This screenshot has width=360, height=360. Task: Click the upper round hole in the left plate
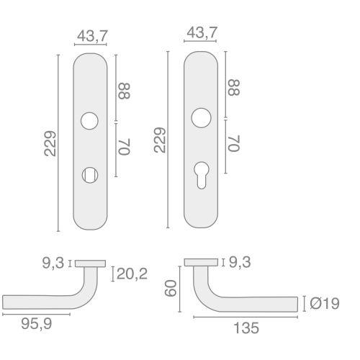tap(89, 121)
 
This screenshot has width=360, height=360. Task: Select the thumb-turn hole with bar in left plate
tap(89, 174)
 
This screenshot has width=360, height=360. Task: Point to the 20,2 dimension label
tap(132, 274)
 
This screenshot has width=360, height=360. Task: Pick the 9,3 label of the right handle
tap(240, 264)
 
